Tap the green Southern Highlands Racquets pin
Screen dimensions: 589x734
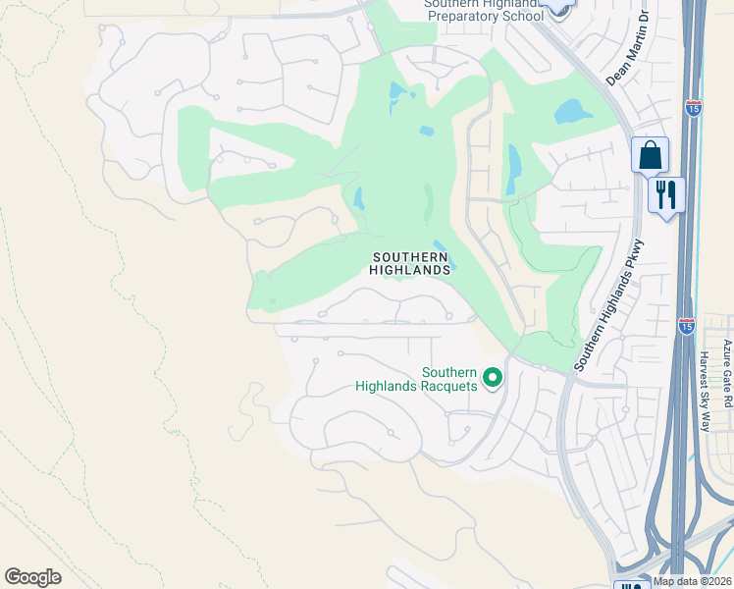[493, 377]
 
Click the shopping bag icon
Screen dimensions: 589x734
[650, 155]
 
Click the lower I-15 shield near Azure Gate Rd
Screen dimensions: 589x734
[686, 324]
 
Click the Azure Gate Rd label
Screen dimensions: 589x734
[727, 373]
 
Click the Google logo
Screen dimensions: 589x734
[32, 577]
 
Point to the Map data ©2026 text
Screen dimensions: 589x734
[692, 581]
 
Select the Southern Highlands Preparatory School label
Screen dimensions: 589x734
[483, 11]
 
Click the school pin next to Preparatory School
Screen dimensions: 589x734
[557, 6]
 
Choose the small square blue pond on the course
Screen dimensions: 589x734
[426, 131]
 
